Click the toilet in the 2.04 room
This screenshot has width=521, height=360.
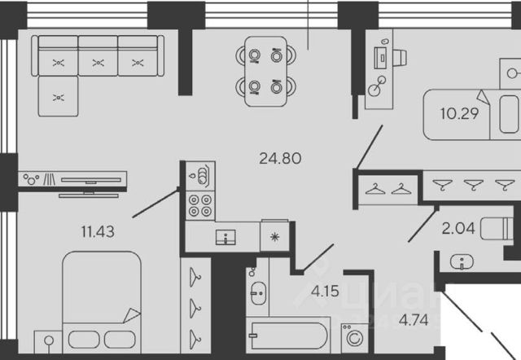(497, 229)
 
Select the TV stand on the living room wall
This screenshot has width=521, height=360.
(73, 178)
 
